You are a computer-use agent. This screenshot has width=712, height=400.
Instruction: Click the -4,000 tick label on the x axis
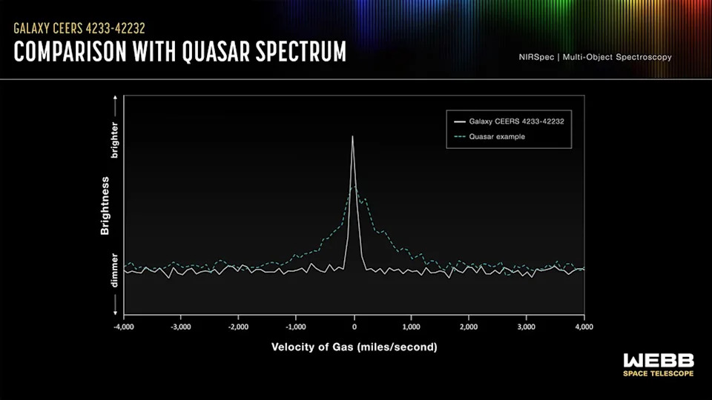[123, 327]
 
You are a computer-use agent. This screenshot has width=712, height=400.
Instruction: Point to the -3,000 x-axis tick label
[180, 327]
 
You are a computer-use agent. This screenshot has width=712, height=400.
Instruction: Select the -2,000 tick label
[238, 327]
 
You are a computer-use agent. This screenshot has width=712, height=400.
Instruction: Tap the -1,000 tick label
[295, 327]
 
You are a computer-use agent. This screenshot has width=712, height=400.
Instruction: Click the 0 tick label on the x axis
[355, 327]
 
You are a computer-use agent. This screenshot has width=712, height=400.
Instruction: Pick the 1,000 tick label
[412, 327]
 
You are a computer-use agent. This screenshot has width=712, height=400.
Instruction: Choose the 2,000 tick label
[469, 327]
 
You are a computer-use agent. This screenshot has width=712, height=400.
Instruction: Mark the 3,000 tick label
[527, 327]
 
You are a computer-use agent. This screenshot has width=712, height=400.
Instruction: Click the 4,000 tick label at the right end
[584, 327]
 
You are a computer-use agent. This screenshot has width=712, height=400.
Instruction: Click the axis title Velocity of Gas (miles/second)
[354, 347]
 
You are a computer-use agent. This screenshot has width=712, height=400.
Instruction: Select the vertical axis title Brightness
[105, 206]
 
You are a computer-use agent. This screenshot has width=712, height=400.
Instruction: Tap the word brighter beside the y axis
[114, 141]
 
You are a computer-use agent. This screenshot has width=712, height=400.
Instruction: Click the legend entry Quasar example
[497, 136]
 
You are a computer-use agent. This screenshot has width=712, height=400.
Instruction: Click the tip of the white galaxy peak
[352, 136]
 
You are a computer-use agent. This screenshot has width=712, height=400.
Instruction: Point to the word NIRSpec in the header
[538, 57]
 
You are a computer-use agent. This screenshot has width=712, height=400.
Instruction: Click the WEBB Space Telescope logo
[659, 364]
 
